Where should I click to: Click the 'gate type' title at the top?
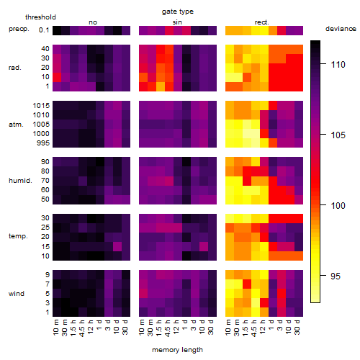(178, 12)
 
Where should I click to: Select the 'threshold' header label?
(40, 17)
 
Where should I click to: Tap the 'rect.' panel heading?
(262, 22)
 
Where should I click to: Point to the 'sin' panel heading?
(177, 22)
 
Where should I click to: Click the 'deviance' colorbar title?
(341, 29)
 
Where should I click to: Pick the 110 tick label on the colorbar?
(338, 64)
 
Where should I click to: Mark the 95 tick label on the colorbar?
(336, 276)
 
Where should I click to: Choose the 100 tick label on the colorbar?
(338, 205)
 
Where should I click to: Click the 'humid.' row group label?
(20, 181)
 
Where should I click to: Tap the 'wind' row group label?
(17, 294)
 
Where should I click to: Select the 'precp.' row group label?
(19, 29)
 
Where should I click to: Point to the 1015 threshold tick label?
(41, 106)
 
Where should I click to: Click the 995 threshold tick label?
(43, 143)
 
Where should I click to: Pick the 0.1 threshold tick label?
(44, 30)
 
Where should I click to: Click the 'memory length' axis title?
(178, 350)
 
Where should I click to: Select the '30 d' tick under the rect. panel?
(298, 327)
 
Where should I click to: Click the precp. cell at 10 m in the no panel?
(57, 30)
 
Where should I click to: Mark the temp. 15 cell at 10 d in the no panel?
(117, 246)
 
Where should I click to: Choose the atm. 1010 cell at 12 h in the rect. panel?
(264, 115)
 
